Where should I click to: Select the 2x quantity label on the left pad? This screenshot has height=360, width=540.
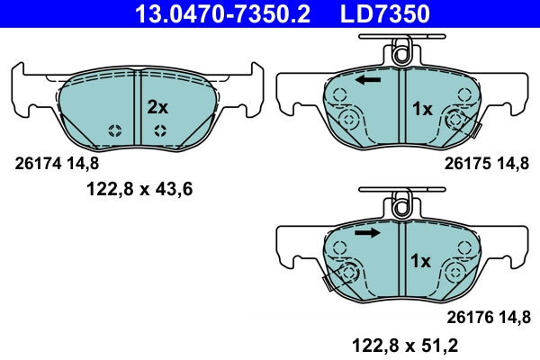pyautogui.click(x=157, y=107)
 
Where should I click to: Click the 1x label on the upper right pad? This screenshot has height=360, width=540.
pyautogui.click(x=422, y=109)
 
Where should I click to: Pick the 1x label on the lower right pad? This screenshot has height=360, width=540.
pyautogui.click(x=422, y=261)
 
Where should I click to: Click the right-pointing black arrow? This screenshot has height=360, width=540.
pyautogui.click(x=366, y=232)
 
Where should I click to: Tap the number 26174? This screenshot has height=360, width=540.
pyautogui.click(x=39, y=164)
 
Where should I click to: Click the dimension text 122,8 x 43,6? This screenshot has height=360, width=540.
pyautogui.click(x=139, y=189)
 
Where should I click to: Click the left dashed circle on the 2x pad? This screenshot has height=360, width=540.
pyautogui.click(x=114, y=130)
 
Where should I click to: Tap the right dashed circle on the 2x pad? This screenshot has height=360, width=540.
pyautogui.click(x=159, y=130)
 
